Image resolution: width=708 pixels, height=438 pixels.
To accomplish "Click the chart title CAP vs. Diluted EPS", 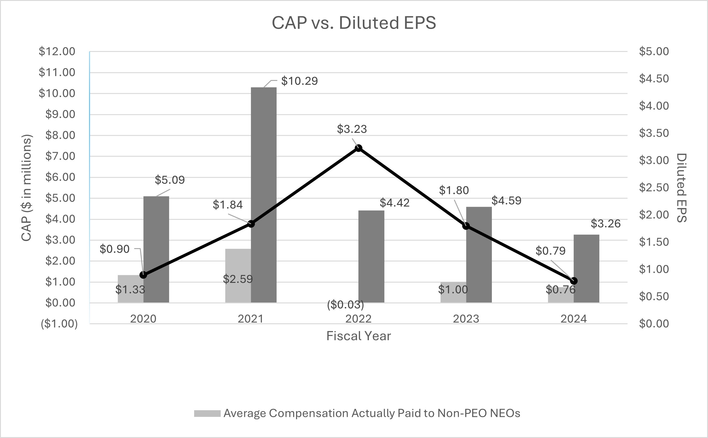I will click(x=354, y=23).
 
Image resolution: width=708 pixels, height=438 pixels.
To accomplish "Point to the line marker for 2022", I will click(x=358, y=148).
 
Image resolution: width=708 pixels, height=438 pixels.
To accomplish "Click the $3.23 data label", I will click(x=352, y=129).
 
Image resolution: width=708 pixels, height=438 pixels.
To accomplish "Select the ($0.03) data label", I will click(x=345, y=305).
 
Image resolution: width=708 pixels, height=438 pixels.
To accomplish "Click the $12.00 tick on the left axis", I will click(x=57, y=52).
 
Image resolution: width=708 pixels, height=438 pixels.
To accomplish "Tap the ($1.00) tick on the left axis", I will click(x=59, y=324).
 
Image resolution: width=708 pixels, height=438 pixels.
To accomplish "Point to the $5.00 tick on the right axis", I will click(x=654, y=52).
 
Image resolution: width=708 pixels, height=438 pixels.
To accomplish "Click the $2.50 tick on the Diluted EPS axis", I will click(x=654, y=187).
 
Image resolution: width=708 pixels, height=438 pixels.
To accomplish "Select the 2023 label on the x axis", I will click(x=466, y=319).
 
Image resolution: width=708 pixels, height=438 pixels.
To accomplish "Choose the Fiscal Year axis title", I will click(x=358, y=336).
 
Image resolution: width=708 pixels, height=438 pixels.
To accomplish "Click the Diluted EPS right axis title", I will click(x=682, y=188).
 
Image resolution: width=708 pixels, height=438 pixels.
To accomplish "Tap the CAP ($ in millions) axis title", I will click(x=27, y=188).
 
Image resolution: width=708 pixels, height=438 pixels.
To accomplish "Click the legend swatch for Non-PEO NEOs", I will click(x=207, y=414).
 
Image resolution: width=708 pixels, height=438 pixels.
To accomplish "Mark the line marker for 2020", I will click(x=143, y=275).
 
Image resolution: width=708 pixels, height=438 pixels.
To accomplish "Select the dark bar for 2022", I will click(x=371, y=257).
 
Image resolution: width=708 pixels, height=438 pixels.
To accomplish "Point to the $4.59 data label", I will click(x=506, y=201).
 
